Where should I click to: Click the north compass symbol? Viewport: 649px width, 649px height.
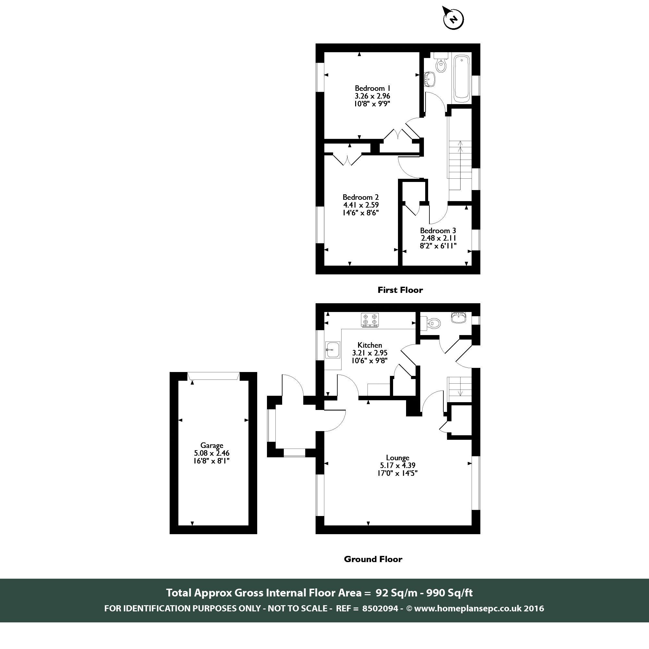pyautogui.click(x=453, y=19)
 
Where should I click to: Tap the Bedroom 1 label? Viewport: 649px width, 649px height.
pyautogui.click(x=372, y=88)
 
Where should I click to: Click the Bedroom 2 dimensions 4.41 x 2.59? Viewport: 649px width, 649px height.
pyautogui.click(x=361, y=205)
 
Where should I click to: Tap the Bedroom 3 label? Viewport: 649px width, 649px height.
pyautogui.click(x=438, y=230)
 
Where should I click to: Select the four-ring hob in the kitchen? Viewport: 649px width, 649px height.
pyautogui.click(x=370, y=320)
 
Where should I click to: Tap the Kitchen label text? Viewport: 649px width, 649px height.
pyautogui.click(x=369, y=345)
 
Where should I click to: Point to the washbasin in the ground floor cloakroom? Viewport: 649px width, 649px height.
pyautogui.click(x=459, y=318)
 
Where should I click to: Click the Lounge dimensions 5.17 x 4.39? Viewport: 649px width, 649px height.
pyautogui.click(x=397, y=465)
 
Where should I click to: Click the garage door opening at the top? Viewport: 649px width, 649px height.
pyautogui.click(x=213, y=376)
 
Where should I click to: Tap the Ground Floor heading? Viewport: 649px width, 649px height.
pyautogui.click(x=373, y=559)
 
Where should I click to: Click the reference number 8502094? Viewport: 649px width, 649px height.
pyautogui.click(x=380, y=608)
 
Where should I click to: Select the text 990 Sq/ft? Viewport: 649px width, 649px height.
pyautogui.click(x=449, y=593)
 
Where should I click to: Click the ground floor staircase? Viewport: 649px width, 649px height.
pyautogui.click(x=459, y=389)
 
